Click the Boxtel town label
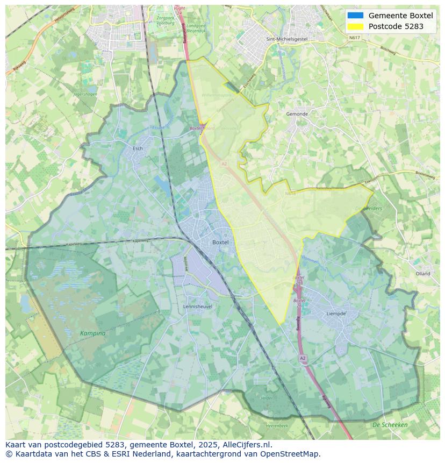click(x=220, y=243)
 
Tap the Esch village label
click(x=138, y=148)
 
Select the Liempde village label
click(x=336, y=314)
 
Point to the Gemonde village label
click(x=297, y=114)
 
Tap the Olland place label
click(x=423, y=274)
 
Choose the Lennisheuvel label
click(x=198, y=307)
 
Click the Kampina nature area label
click(x=93, y=333)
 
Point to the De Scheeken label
click(x=390, y=425)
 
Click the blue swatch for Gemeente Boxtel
click(x=355, y=16)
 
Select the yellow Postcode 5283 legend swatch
click(x=355, y=26)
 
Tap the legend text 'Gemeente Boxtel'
click(x=400, y=16)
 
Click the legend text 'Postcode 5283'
click(x=396, y=26)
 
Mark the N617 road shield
click(x=354, y=38)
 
